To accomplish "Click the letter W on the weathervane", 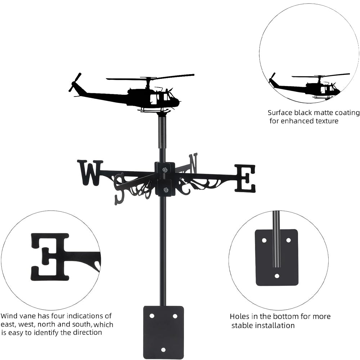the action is tap(90, 173).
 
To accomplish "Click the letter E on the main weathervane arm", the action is tap(245, 178).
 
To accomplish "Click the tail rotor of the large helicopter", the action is tap(75, 82).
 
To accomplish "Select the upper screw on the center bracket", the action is tap(165, 170).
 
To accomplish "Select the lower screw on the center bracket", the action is tap(165, 190).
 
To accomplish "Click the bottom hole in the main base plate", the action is tap(163, 350).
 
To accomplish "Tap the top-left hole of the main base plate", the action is tap(152, 316).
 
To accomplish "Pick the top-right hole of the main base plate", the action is tap(175, 316).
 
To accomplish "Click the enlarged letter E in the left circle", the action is tap(50, 257).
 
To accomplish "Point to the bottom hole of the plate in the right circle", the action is tap(277, 276).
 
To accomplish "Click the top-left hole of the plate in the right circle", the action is tap(264, 240).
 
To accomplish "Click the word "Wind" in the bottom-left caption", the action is tap(9, 316).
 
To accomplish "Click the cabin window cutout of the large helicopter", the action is tap(153, 99).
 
